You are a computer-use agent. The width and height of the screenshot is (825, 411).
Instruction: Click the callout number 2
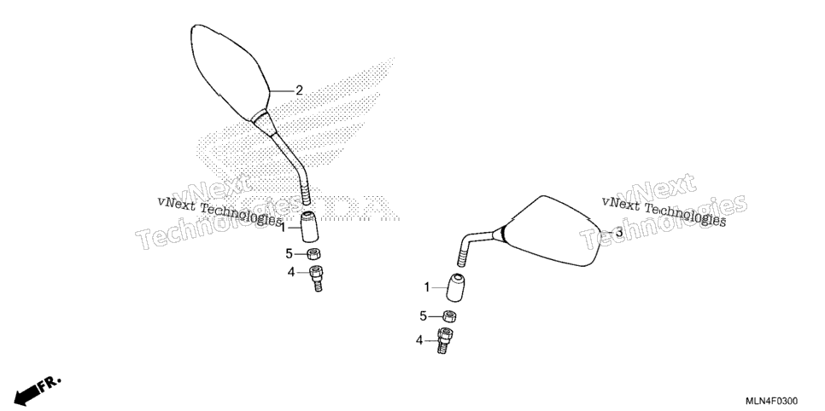pyautogui.click(x=299, y=90)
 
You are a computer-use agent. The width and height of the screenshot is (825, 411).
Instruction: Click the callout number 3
pyautogui.click(x=618, y=232)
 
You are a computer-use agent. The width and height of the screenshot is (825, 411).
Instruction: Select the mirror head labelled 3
pyautogui.click(x=552, y=230)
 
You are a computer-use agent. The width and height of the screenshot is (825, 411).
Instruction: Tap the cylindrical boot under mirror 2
pyautogui.click(x=309, y=227)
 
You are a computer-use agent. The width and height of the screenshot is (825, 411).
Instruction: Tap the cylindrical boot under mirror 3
pyautogui.click(x=456, y=287)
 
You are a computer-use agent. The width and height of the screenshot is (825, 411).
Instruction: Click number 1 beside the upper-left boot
pyautogui.click(x=283, y=229)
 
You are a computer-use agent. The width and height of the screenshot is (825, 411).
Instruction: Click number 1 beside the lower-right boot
pyautogui.click(x=427, y=287)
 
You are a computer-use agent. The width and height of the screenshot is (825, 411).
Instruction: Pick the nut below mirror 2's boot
pyautogui.click(x=314, y=254)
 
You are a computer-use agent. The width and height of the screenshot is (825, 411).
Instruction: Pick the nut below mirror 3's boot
pyautogui.click(x=449, y=315)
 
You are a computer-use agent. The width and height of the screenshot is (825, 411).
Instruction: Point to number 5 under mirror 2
pyautogui.click(x=289, y=254)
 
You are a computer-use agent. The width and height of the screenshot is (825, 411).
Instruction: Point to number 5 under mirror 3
pyautogui.click(x=423, y=315)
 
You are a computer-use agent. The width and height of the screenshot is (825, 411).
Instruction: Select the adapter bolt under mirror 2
pyautogui.click(x=316, y=278)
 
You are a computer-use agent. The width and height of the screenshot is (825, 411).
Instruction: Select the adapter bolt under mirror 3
pyautogui.click(x=445, y=340)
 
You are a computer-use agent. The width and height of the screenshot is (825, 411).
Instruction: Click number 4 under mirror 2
pyautogui.click(x=290, y=272)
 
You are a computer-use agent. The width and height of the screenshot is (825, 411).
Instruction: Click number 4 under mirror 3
pyautogui.click(x=419, y=340)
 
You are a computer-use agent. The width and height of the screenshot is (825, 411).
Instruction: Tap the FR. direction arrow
pyautogui.click(x=36, y=390)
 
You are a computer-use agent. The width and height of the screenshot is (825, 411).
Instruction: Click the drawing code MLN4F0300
pyautogui.click(x=772, y=401)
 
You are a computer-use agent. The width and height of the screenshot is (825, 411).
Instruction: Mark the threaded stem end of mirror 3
pyautogui.click(x=464, y=258)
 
